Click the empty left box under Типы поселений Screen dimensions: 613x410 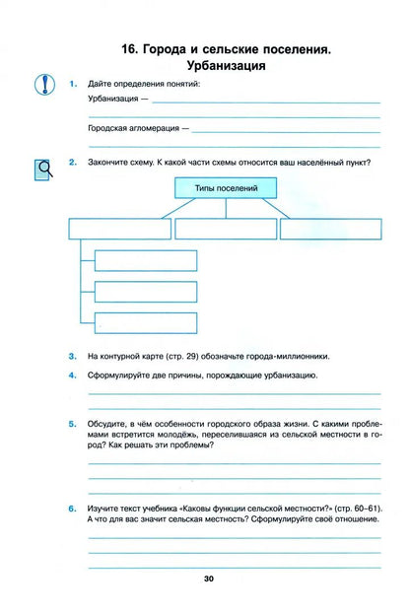pos(118,229)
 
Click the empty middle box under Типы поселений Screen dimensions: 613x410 pos(225,229)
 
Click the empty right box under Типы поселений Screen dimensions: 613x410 pos(329,229)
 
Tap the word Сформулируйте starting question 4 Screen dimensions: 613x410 pos(121,376)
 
